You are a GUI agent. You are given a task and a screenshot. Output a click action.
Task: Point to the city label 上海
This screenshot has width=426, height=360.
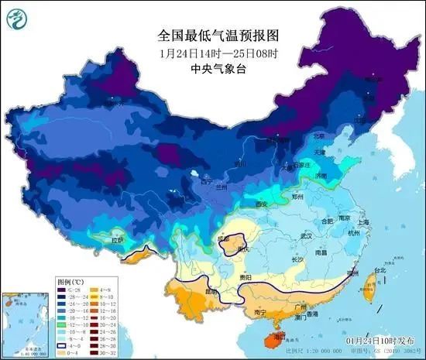(x=365, y=221)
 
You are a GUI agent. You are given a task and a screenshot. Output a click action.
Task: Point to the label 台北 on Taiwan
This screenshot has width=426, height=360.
(x=379, y=271)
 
